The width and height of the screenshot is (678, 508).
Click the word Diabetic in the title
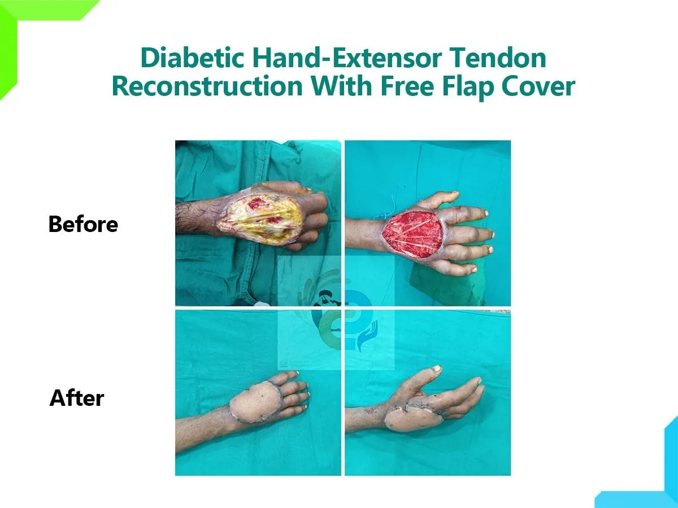(x=193, y=58)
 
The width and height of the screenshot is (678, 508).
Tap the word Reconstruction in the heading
(x=207, y=86)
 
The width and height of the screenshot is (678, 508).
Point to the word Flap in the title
(x=467, y=87)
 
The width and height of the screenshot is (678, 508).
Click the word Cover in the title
(x=538, y=86)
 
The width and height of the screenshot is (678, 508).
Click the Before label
(x=83, y=224)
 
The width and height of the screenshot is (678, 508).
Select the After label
(x=77, y=398)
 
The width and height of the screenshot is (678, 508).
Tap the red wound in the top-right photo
(x=413, y=235)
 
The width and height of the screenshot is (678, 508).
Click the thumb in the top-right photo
(x=438, y=200)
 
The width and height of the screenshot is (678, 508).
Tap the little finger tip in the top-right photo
(x=474, y=269)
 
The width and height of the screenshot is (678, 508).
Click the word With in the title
(x=341, y=86)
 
